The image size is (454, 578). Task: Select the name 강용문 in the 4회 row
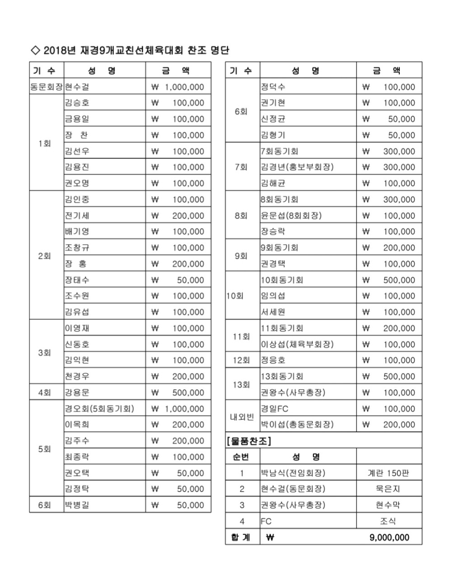(77, 392)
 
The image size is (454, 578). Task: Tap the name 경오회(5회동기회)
(99, 409)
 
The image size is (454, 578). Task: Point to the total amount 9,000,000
(389, 537)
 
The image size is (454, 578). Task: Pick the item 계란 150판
(388, 473)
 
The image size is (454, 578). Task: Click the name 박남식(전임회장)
(293, 473)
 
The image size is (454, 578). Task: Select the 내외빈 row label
(242, 417)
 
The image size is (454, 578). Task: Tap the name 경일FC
(274, 409)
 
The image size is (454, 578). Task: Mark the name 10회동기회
(282, 280)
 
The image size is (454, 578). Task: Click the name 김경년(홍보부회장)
(297, 167)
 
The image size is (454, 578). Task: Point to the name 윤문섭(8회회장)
(291, 215)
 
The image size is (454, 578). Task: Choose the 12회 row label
(242, 360)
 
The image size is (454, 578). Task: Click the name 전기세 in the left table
(77, 215)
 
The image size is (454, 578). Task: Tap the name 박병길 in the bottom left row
(77, 505)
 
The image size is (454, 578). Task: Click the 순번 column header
(242, 457)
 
